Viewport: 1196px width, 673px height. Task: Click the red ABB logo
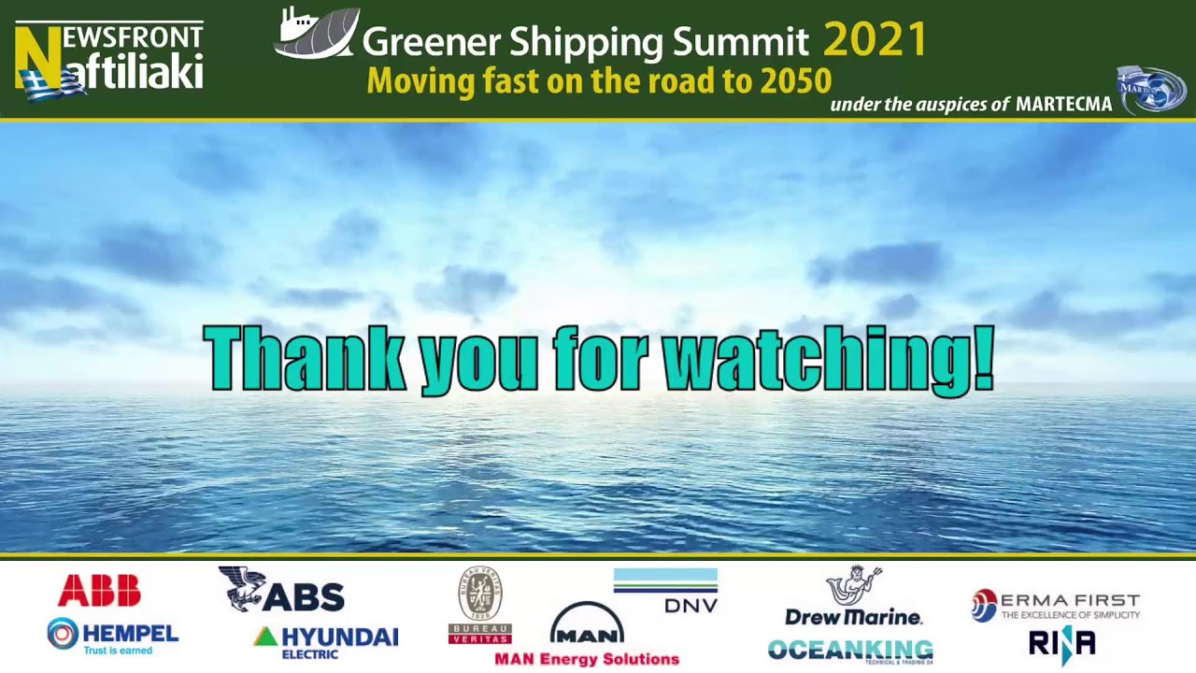[x=99, y=591]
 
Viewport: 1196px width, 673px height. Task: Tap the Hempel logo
[x=112, y=636]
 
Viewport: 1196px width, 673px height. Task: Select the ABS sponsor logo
[x=282, y=590]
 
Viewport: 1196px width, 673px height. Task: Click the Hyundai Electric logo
[x=325, y=640]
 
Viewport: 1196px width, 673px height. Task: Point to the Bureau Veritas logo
[x=479, y=606]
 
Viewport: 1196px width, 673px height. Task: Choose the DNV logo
[x=665, y=591]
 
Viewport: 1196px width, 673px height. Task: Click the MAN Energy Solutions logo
[x=587, y=636]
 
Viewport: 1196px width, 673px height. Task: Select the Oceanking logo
[x=850, y=650]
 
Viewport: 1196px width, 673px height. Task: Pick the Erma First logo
[x=1056, y=605]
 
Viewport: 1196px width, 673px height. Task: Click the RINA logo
[x=1061, y=644]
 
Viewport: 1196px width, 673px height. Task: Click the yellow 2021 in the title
[x=875, y=40]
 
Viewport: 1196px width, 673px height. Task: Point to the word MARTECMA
[x=1063, y=104]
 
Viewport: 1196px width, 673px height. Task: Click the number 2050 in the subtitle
[x=795, y=81]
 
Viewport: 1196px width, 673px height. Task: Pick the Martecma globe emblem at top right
[x=1151, y=90]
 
